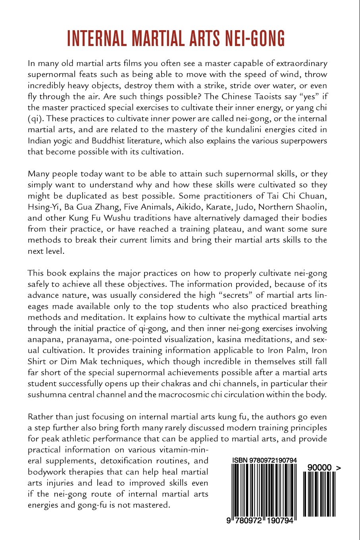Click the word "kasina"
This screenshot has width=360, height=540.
click(x=248, y=339)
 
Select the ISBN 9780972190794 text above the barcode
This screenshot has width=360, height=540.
click(x=264, y=460)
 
